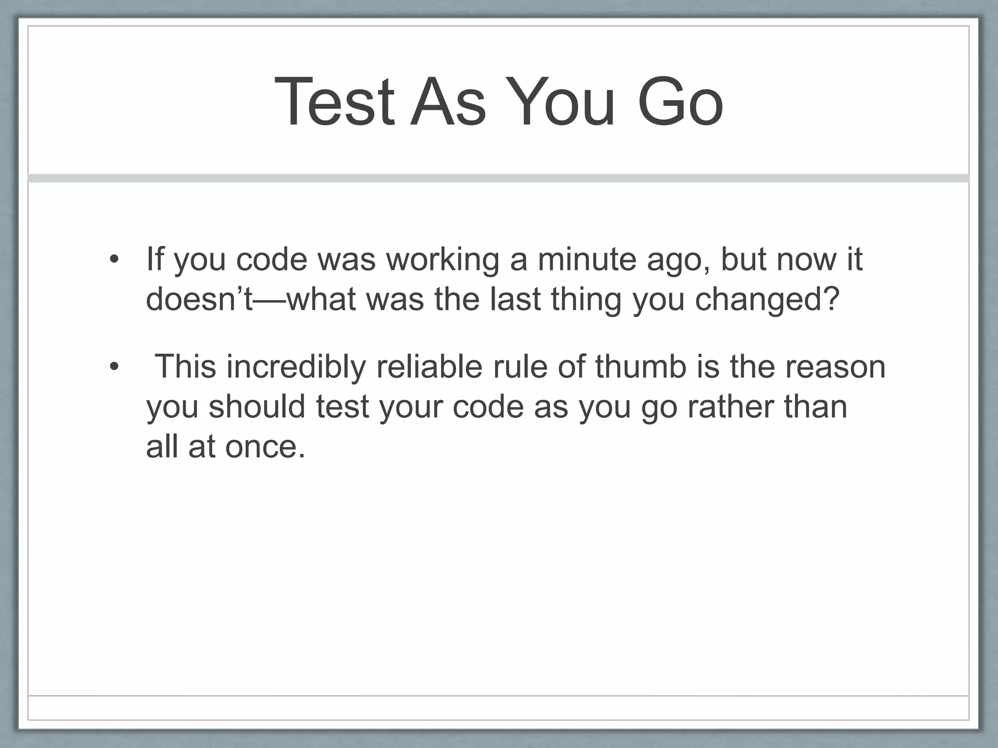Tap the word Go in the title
(x=680, y=103)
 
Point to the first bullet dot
(x=114, y=260)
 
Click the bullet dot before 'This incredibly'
(x=114, y=367)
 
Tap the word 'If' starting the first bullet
(x=155, y=259)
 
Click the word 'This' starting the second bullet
(x=185, y=367)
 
